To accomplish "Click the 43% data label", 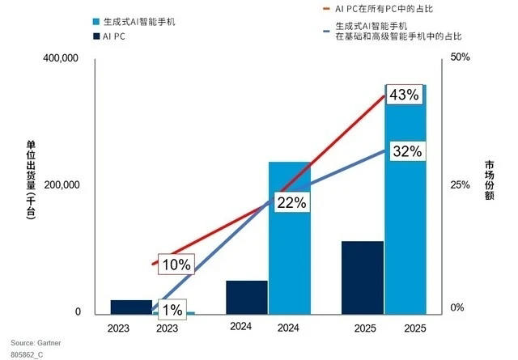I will tap(404, 95).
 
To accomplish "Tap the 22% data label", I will tap(291, 203).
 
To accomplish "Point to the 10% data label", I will tap(175, 265).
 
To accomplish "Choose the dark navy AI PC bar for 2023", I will tap(131, 307).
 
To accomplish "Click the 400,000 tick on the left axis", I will tap(59, 60).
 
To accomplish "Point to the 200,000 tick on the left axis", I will tap(59, 185).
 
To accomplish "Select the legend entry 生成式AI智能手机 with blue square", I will tap(134, 20).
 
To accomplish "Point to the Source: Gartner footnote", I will tap(36, 341).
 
